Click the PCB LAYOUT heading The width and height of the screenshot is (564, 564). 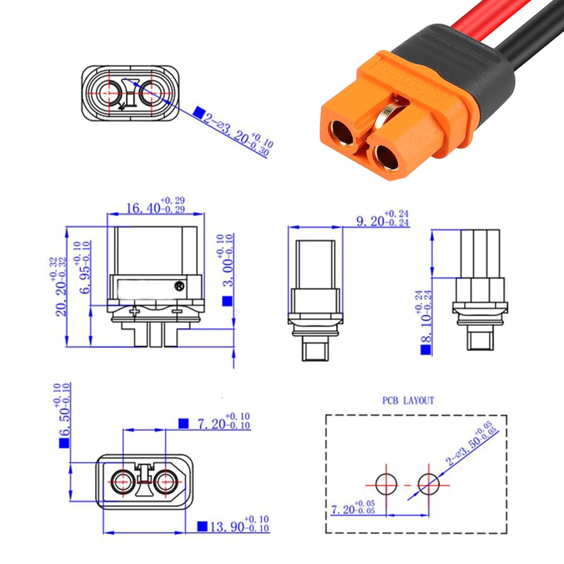tap(408, 401)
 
